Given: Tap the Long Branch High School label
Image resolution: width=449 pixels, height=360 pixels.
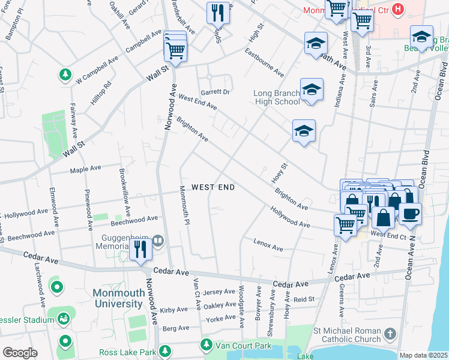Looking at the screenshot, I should point(277,97).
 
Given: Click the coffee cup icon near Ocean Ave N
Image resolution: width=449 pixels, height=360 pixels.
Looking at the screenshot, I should point(410,214).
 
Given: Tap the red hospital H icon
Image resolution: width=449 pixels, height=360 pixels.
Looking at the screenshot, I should point(397,10).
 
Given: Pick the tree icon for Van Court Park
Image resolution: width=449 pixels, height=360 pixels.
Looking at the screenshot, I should point(206,344).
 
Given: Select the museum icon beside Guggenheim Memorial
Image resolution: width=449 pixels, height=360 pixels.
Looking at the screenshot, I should point(158,241).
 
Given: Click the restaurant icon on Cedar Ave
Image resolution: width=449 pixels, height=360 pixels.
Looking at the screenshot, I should point(140,248).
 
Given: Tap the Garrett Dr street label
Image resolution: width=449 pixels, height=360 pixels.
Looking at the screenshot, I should point(215,92).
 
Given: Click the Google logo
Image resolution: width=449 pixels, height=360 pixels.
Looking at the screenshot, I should point(20,352).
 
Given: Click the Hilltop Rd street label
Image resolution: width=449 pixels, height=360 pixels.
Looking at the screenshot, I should point(101,93).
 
